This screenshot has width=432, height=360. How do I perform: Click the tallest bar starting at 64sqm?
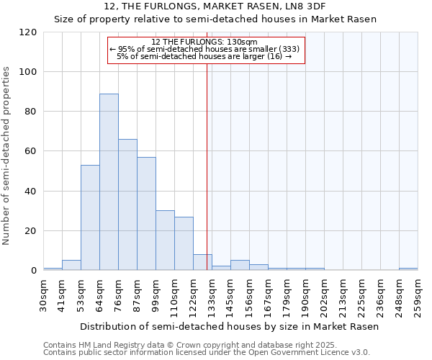[109, 182]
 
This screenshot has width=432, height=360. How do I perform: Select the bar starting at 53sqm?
[90, 217]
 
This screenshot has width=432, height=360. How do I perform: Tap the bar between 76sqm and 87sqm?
[127, 204]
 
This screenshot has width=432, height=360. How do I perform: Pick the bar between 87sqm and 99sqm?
[146, 214]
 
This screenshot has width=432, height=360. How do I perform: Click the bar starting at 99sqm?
[165, 240]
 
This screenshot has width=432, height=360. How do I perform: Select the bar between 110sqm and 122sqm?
[184, 243]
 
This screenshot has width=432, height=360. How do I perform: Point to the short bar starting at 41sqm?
[71, 265]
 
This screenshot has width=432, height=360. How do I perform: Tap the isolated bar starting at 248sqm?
[408, 269]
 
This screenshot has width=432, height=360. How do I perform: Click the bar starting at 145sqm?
[240, 265]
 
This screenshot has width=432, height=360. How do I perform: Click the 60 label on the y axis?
[32, 151]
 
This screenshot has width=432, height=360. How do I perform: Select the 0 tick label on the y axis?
[34, 271]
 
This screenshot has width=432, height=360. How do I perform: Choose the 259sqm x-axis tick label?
[418, 295]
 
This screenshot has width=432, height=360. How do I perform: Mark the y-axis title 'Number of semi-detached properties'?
[7, 156]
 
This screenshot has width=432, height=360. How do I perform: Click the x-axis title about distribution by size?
[229, 326]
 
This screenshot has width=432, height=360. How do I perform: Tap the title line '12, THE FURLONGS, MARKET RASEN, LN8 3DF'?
[215, 6]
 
